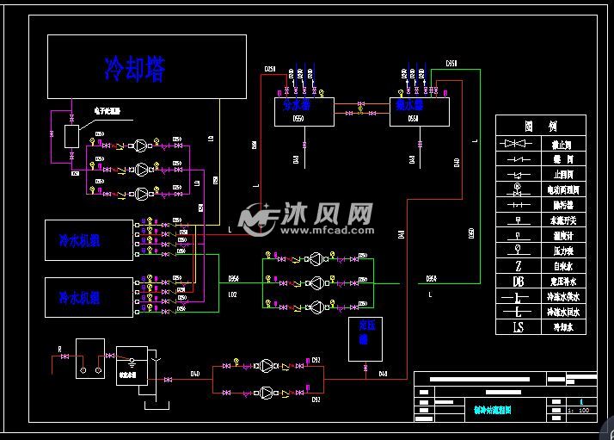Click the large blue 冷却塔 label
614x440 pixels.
click(134, 68)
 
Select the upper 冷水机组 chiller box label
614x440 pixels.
click(79, 241)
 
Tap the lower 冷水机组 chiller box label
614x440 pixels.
click(79, 298)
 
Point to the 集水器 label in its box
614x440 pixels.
click(409, 105)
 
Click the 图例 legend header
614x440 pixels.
click(540, 126)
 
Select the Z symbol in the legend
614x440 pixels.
click(518, 251)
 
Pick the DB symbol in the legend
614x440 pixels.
click(518, 281)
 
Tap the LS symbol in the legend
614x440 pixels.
click(518, 326)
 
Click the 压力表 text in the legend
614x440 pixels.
click(562, 251)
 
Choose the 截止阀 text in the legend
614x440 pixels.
click(562, 144)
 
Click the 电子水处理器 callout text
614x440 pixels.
click(107, 111)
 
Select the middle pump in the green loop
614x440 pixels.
click(318, 282)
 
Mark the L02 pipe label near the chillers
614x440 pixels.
click(232, 295)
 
